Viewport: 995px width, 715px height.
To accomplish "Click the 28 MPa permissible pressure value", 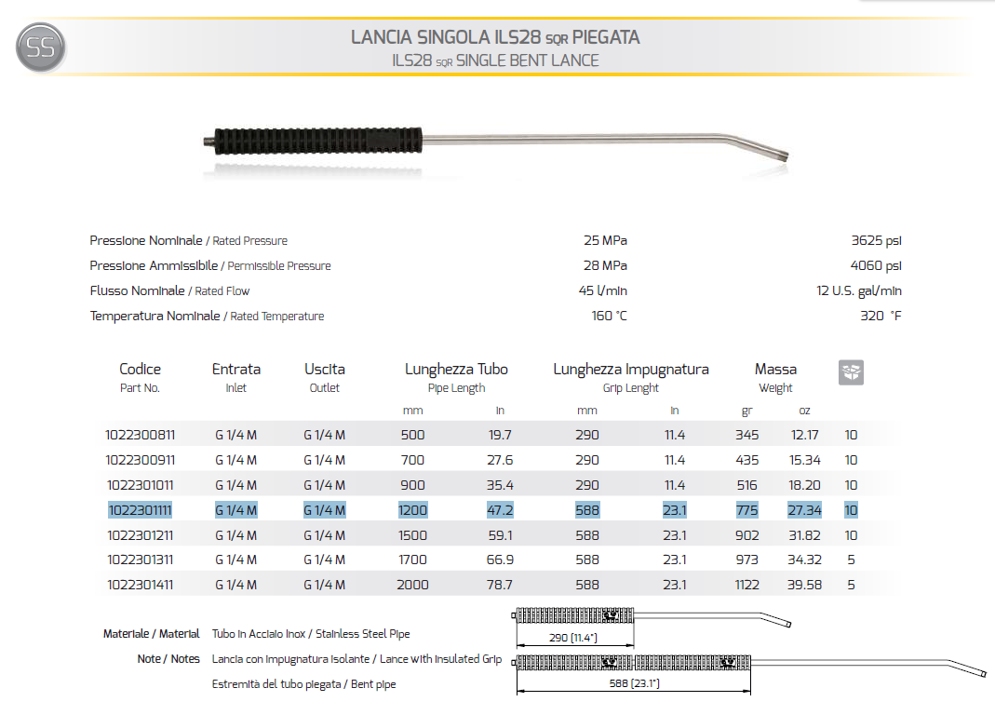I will coord(605,266).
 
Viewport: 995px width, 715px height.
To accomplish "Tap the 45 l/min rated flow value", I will coord(602,291).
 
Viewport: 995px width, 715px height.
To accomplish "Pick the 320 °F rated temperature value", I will coord(881,317).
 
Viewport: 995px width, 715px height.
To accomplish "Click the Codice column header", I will coord(140,370).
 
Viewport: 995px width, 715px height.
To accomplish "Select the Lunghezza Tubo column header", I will coord(456,370).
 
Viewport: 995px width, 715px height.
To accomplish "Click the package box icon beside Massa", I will coord(851,371).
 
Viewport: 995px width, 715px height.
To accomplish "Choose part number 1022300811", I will coord(141,435).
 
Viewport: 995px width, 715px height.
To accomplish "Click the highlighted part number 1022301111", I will coord(141,510).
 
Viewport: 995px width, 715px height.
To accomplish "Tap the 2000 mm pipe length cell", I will coord(412,586).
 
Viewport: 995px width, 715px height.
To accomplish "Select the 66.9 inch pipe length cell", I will coord(499,560).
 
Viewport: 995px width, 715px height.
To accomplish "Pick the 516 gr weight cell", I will coord(746,485).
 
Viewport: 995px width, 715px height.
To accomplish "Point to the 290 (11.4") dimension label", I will coord(573,639).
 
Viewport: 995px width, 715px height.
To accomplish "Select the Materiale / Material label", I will coord(151,634).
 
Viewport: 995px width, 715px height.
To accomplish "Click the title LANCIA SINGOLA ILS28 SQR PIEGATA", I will coord(495,38).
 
